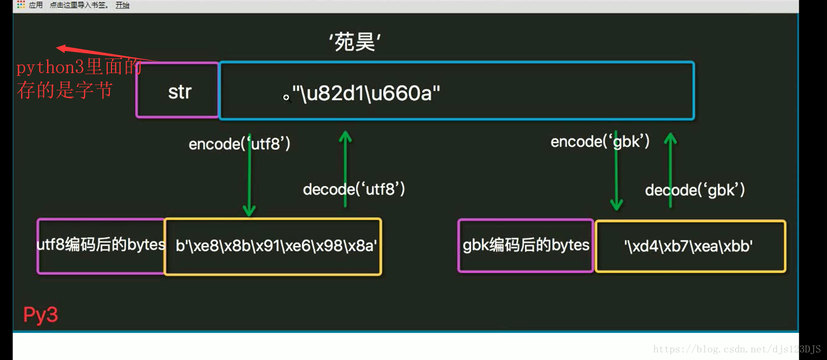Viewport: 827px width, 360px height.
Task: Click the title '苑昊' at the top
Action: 355,42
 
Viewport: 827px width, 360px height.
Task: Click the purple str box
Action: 179,91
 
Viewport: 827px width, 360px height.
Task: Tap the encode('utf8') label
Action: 239,144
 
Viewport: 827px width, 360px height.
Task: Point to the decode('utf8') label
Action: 354,189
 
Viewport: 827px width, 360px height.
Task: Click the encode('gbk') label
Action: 600,142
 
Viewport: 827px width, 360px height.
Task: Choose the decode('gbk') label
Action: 695,190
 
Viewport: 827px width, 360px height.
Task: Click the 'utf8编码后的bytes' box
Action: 101,245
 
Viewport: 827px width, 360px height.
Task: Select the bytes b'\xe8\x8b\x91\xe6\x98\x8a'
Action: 276,246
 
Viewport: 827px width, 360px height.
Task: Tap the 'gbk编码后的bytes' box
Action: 526,245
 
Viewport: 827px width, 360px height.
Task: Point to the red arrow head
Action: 61,48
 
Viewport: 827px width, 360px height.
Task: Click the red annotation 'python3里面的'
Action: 78,68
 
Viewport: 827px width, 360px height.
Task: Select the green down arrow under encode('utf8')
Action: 249,179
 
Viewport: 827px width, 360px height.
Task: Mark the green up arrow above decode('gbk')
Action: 671,162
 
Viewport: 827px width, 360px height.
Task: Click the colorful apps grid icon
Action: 21,5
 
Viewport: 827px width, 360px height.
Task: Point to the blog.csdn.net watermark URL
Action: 737,349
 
